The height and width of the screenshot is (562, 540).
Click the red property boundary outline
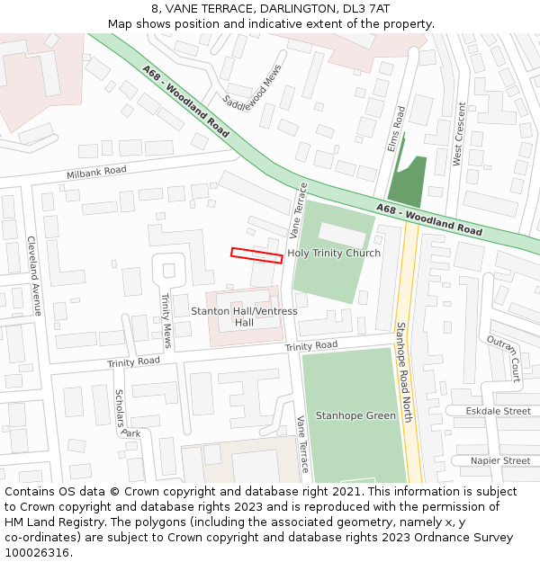256,254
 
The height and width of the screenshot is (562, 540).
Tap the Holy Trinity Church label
334,254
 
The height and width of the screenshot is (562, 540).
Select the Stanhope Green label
355,415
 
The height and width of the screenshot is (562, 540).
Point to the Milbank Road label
96,172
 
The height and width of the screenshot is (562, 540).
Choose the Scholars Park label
127,415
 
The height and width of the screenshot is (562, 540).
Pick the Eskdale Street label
499,411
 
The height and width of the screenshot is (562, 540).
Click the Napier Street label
500,460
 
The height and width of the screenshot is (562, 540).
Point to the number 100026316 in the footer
36,552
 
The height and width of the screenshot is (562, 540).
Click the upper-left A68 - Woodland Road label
185,101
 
